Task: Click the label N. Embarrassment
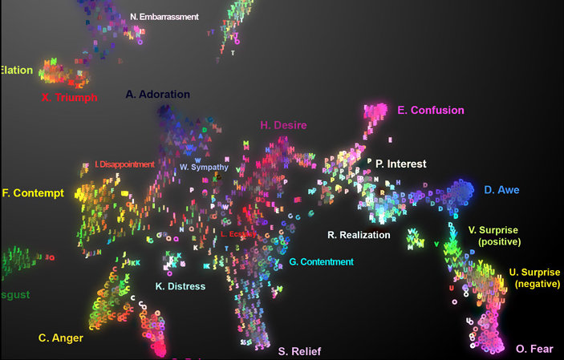pos(164,16)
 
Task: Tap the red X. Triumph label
pos(69,98)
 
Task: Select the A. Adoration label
pos(158,95)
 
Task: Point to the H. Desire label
pos(283,125)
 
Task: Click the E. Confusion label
pos(430,111)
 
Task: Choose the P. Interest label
pos(400,164)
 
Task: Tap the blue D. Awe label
pos(501,190)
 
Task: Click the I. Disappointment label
pos(124,164)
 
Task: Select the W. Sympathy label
pos(204,168)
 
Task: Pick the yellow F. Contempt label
pos(33,193)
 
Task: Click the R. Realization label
pos(359,235)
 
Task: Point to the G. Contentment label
pos(321,262)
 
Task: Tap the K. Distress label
pos(180,286)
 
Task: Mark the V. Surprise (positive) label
pos(493,236)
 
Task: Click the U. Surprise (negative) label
pos(535,278)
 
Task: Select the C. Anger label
pos(61,338)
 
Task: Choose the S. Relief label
pos(298,351)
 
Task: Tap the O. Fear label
pos(534,349)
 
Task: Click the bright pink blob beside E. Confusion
pos(375,113)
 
